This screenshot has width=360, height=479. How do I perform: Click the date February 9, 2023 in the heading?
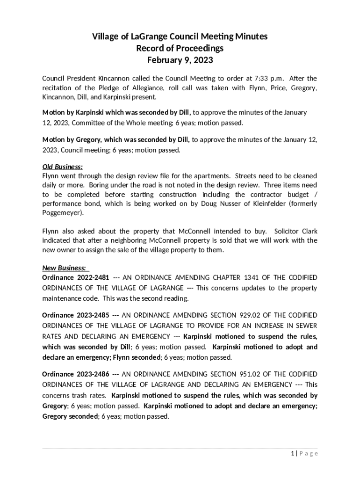180,60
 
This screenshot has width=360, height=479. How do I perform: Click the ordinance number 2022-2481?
94,277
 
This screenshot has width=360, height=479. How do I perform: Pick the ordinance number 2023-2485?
94,315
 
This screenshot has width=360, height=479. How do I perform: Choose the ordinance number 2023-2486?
94,374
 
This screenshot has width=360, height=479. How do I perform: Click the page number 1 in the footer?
293,453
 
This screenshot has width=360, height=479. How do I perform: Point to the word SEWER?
305,325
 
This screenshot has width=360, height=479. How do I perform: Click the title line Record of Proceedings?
180,49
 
